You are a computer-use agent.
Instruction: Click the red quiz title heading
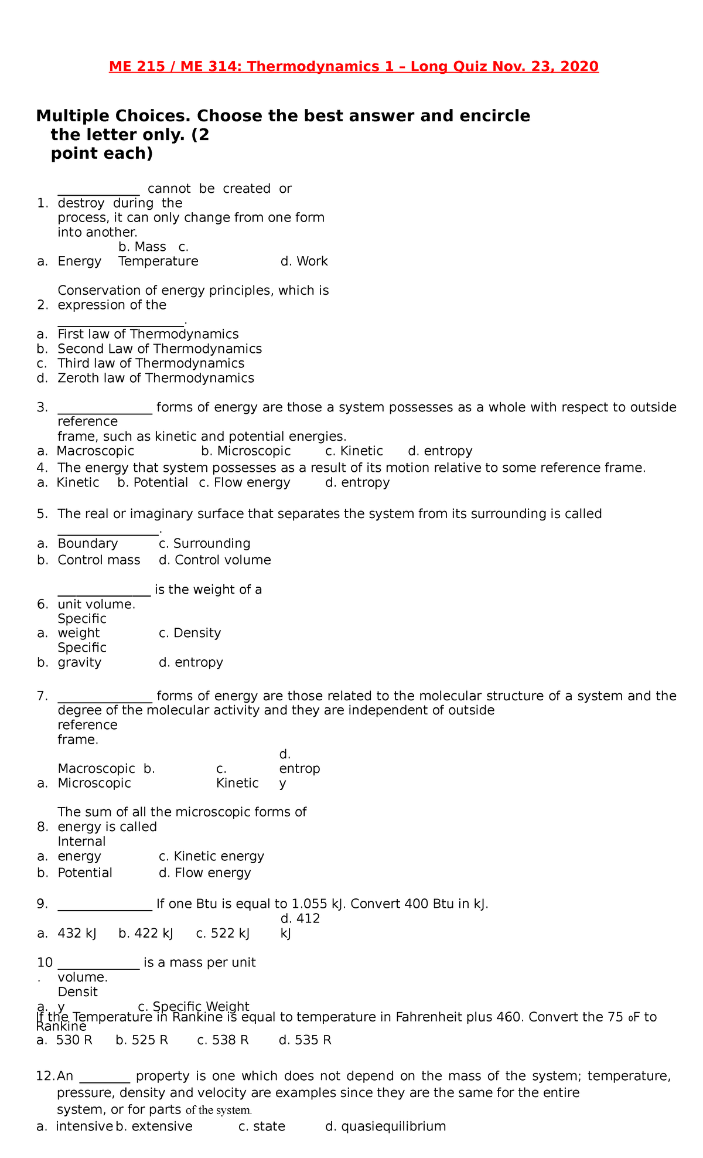[x=353, y=67]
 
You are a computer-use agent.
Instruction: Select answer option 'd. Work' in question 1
[x=304, y=261]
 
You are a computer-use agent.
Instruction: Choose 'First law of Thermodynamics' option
[x=148, y=334]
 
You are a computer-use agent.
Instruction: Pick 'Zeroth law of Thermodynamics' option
[x=155, y=378]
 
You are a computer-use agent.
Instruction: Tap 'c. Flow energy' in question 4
[x=244, y=482]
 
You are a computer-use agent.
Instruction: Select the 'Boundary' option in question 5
[x=87, y=543]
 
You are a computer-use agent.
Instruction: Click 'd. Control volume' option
[x=214, y=560]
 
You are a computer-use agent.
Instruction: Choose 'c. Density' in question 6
[x=190, y=633]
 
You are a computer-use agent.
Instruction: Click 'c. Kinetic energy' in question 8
[x=211, y=856]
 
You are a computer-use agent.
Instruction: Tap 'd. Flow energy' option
[x=204, y=873]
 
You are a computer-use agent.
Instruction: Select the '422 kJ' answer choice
[x=146, y=934]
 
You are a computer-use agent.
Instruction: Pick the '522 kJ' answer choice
[x=223, y=934]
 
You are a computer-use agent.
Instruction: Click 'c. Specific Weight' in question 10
[x=193, y=1006]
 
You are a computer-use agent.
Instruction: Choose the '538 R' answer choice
[x=223, y=1040]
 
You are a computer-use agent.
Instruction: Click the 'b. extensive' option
[x=154, y=1126]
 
